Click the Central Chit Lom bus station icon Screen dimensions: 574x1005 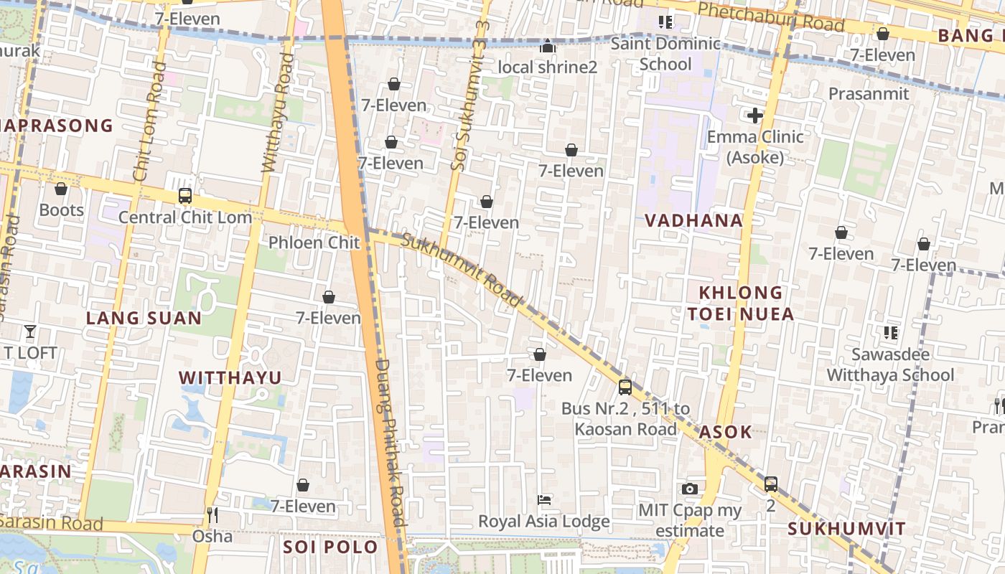click(184, 196)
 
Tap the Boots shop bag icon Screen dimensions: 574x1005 click(61, 189)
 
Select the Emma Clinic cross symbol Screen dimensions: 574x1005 click(754, 115)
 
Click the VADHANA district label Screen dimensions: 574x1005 click(693, 220)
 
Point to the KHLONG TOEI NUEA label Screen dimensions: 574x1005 click(741, 303)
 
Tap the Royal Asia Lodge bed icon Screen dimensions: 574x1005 click(544, 499)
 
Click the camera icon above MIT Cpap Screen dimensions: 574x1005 click(689, 489)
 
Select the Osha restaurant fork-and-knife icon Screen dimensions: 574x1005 click(212, 514)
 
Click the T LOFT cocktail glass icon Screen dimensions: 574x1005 click(29, 331)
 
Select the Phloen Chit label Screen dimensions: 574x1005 click(314, 243)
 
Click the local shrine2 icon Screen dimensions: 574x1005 click(548, 47)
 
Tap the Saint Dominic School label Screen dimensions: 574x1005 click(665, 54)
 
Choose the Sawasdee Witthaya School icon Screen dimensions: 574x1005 click(890, 332)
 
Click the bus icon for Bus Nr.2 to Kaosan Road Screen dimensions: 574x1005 click(625, 387)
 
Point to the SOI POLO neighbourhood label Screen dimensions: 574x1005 click(330, 547)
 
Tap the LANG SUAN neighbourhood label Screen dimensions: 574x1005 click(144, 318)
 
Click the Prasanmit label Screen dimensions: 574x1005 click(869, 94)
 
